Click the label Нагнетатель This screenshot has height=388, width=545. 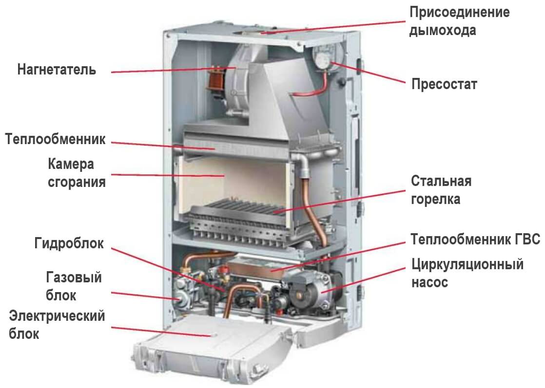coord(57,70)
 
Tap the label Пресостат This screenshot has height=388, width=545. coord(444,84)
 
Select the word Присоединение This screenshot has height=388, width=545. coord(460,13)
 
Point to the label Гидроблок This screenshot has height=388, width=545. coord(69,243)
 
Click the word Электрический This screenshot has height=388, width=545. coord(57,316)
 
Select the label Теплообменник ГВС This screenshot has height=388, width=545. coord(475,240)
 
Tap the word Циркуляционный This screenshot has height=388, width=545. coord(467,264)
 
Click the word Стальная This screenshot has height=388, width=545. coord(441,181)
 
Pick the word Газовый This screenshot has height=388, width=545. coord(74,277)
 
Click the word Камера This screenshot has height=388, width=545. coord(71,164)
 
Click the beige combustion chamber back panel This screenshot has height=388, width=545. coord(233,181)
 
